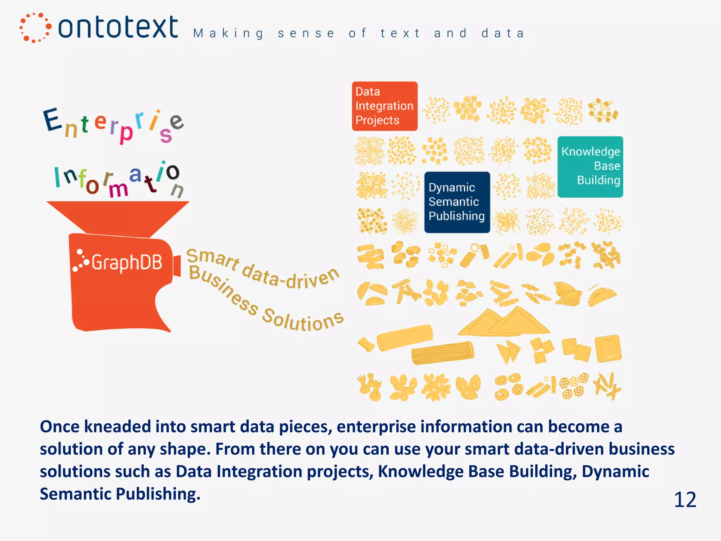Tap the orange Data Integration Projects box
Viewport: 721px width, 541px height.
point(384,106)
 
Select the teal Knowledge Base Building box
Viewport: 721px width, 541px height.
point(590,167)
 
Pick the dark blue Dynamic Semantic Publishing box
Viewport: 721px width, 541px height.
point(457,202)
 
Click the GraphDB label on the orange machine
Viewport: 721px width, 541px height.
point(126,262)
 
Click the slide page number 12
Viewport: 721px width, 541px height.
point(685,499)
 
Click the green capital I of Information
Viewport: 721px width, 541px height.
point(57,177)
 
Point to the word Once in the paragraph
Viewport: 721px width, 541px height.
point(60,427)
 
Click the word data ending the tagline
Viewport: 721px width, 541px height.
point(502,33)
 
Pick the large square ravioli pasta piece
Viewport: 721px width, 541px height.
point(608,349)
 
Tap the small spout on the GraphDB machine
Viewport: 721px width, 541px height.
point(177,266)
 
